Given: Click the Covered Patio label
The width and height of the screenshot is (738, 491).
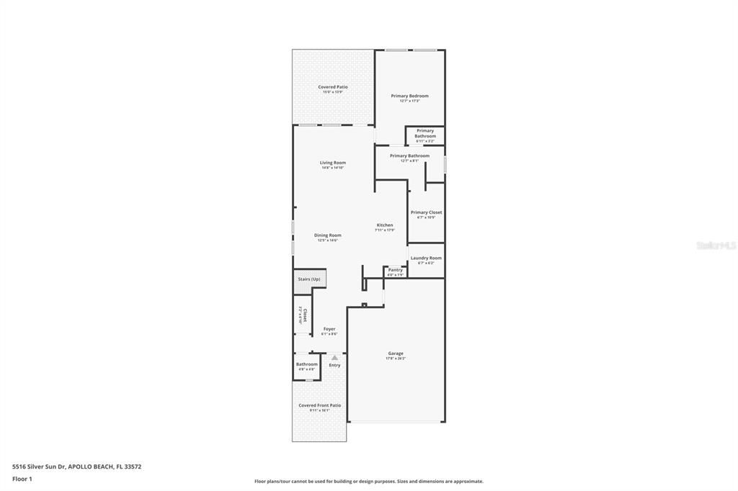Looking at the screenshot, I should coord(333,87).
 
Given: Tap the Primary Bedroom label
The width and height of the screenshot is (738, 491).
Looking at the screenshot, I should coord(409,96).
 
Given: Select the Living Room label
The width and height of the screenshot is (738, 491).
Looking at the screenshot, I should coord(333,163).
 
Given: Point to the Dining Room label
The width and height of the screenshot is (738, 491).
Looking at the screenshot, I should coord(327,235).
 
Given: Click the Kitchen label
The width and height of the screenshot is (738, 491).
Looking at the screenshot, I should coord(385,225).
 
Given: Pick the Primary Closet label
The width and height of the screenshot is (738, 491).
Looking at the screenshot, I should coord(426,212).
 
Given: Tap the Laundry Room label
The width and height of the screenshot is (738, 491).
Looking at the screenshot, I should coord(426,258).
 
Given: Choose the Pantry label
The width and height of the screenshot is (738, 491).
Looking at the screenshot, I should coord(396,270).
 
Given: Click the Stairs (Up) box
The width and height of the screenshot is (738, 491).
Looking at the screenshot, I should coord(309,279).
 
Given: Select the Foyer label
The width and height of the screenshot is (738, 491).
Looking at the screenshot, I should coord(329,329).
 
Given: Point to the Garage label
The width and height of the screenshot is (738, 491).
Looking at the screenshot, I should coord(396,353).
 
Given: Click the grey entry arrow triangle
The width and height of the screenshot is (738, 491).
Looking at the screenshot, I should coord(334,357).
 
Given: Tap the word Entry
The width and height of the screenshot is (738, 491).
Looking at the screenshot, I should coord(334,365).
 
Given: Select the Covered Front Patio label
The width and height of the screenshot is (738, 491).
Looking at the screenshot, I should coord(320,405).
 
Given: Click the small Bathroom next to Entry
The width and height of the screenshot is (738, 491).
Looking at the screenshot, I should coord(306,364).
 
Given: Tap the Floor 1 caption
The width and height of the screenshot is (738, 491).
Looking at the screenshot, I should coord(22,479).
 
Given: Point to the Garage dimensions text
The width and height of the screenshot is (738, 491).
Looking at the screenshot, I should coord(396,359).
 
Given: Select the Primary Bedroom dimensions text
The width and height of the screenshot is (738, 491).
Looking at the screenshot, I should coord(409,101).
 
